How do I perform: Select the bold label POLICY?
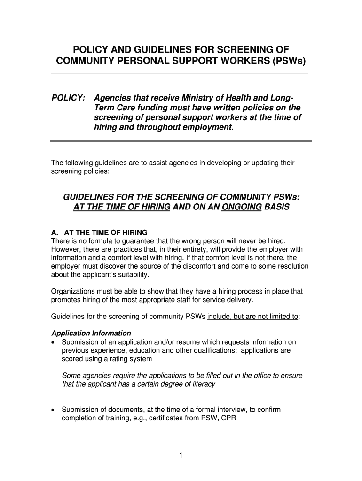pyautogui.click(x=68, y=98)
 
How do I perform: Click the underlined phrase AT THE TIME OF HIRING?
pyautogui.click(x=121, y=206)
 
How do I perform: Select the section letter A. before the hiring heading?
pyautogui.click(x=55, y=233)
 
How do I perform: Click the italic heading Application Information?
pyautogui.click(x=91, y=334)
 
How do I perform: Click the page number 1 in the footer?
pyautogui.click(x=181, y=455)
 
